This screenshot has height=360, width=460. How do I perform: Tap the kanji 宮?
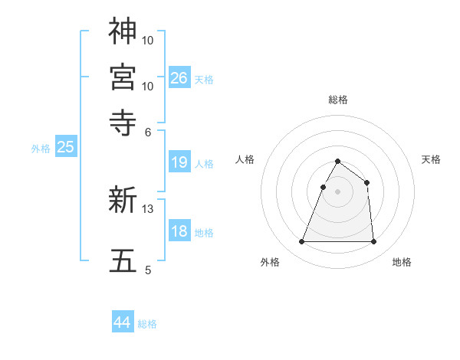tap(123, 77)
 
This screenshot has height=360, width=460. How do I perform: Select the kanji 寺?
tap(123, 120)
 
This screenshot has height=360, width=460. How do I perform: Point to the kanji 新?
tap(123, 201)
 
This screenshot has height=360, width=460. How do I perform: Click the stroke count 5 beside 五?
tap(148, 270)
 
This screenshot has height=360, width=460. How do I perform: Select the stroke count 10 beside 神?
tap(149, 39)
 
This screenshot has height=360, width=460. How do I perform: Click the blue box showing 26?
tap(179, 77)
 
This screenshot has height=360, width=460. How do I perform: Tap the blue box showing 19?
tap(179, 162)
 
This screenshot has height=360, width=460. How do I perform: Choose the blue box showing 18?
tap(179, 232)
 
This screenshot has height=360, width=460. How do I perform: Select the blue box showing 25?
tap(65, 147)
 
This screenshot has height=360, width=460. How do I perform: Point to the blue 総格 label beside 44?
tap(147, 324)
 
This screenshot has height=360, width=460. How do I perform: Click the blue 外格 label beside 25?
tap(41, 149)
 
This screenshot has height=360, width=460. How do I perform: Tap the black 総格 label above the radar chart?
tap(337, 100)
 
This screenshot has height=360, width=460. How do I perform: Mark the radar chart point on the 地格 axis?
tap(373, 242)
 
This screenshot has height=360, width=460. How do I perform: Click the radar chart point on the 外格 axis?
tap(301, 242)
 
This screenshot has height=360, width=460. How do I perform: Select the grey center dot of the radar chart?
tap(337, 192)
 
